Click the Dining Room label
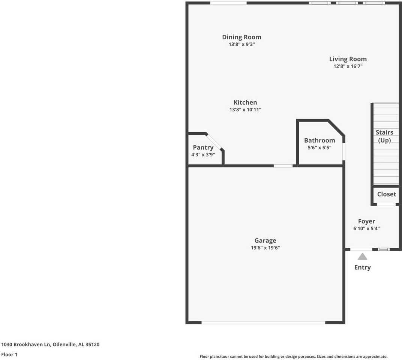(x=241, y=37)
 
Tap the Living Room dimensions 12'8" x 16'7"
(x=348, y=66)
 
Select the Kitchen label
(x=245, y=102)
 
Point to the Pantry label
(x=203, y=147)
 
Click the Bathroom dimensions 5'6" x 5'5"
(x=319, y=148)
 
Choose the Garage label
(x=265, y=241)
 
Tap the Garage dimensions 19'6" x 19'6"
(x=265, y=248)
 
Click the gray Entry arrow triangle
(x=362, y=257)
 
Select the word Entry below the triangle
(x=362, y=267)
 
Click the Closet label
(x=386, y=194)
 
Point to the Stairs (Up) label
(x=384, y=136)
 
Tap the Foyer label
(x=366, y=221)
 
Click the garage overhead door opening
(x=263, y=322)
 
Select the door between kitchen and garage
(x=283, y=166)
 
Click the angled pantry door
(x=214, y=141)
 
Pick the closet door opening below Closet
(x=386, y=204)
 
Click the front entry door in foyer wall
(x=361, y=249)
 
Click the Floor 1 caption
(x=9, y=354)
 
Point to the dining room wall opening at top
(x=228, y=3)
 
